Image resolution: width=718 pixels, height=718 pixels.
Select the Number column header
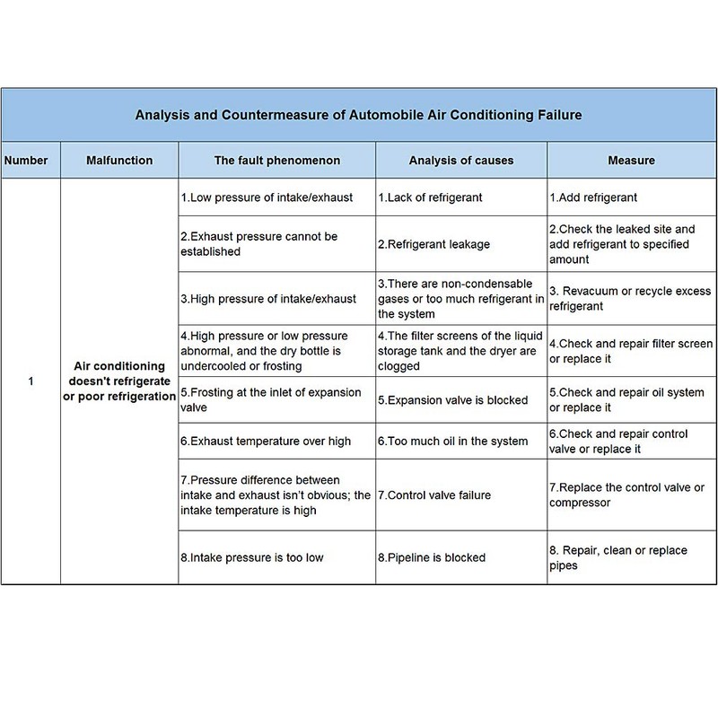point(31,161)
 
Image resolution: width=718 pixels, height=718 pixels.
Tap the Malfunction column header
point(119,161)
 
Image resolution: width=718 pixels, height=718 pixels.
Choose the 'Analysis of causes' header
point(460,161)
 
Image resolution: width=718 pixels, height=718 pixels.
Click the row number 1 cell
point(31,381)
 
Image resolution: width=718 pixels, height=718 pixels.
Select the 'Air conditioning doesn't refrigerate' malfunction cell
point(119,381)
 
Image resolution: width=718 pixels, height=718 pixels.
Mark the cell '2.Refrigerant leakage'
point(433,243)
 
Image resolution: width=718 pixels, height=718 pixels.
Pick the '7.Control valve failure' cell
point(433,495)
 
